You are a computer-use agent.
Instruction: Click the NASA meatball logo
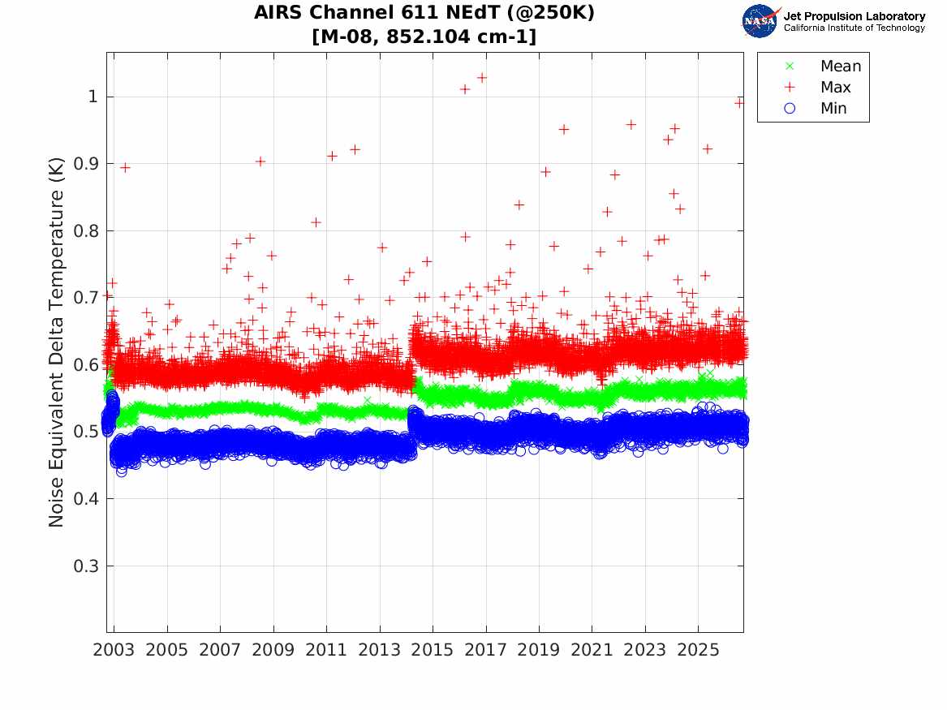(760, 21)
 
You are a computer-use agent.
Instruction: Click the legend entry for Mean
(824, 66)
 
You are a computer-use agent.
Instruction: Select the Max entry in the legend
(817, 87)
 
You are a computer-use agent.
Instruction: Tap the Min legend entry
(815, 108)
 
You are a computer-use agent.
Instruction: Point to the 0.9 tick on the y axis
(86, 164)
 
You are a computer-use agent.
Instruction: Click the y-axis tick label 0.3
(86, 566)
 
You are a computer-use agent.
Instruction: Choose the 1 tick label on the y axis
(93, 97)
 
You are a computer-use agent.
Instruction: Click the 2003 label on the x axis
(114, 650)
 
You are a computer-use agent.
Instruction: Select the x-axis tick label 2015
(433, 650)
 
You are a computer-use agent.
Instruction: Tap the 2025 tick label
(698, 650)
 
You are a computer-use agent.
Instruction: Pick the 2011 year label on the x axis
(326, 650)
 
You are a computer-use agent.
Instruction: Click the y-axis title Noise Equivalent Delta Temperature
(56, 342)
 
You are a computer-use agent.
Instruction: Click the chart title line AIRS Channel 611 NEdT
(424, 13)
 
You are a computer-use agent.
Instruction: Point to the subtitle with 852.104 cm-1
(424, 37)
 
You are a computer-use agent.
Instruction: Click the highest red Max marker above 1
(482, 78)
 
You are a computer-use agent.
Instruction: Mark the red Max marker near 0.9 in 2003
(125, 167)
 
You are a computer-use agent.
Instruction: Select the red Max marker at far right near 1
(739, 102)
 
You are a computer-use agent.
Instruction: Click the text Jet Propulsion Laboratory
(854, 16)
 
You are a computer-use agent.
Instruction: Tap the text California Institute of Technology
(854, 28)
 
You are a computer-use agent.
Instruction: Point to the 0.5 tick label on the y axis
(86, 432)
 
